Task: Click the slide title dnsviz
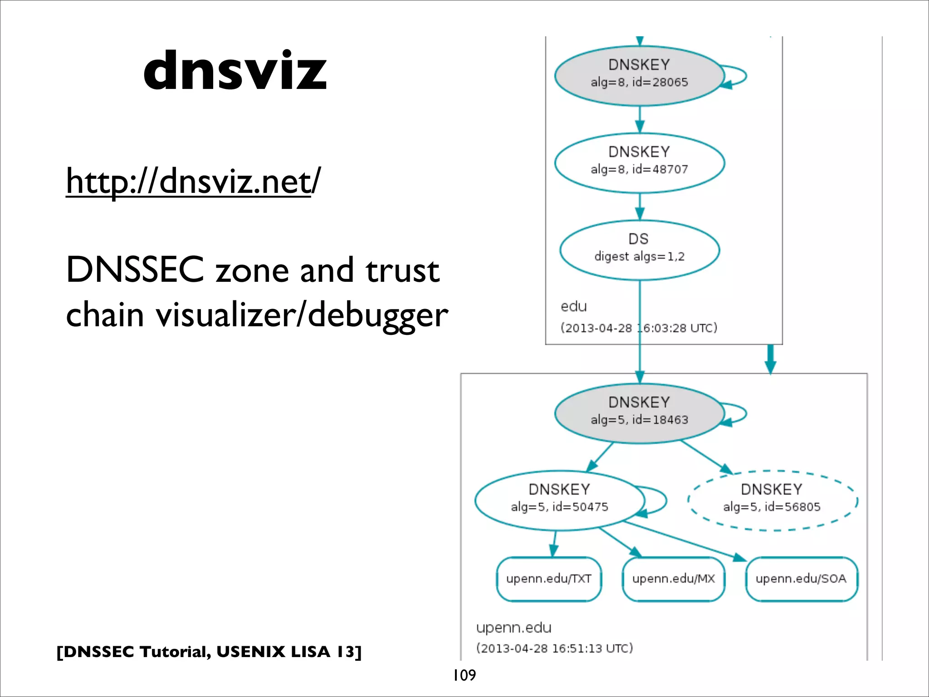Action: (x=235, y=70)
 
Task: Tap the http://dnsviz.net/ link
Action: (x=193, y=181)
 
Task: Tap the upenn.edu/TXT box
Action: (x=549, y=579)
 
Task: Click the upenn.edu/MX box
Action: (x=674, y=579)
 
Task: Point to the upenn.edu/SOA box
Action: (x=801, y=579)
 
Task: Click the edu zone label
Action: (x=573, y=307)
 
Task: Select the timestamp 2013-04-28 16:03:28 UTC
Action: (x=639, y=328)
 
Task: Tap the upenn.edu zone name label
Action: (x=513, y=628)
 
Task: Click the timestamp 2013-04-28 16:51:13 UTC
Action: (x=554, y=648)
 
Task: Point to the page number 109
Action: (x=464, y=675)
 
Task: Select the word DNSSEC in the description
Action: (x=135, y=270)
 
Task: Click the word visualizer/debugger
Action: (x=302, y=315)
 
